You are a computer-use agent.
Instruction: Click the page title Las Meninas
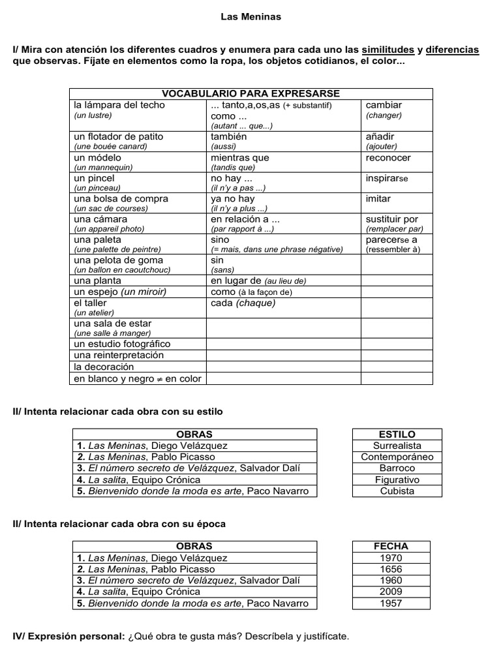point(250,17)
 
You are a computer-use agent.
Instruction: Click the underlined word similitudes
point(388,50)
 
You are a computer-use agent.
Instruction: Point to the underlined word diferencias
point(453,50)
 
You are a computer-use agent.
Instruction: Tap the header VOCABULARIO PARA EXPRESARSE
point(250,94)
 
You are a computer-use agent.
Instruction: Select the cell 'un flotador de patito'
point(118,137)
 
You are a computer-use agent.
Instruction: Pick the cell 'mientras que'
point(240,158)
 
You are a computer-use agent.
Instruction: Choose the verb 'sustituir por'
point(392,219)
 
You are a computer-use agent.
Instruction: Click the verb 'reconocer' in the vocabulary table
point(388,158)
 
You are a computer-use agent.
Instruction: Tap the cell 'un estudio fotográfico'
point(122,344)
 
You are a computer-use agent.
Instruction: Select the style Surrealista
point(397,446)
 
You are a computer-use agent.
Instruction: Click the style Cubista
point(397,491)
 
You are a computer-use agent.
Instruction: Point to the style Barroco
point(397,468)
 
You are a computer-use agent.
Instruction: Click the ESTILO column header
point(397,434)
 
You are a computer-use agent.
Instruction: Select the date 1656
point(391,569)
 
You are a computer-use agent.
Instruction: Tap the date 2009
point(391,592)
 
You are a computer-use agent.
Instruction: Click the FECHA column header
point(391,547)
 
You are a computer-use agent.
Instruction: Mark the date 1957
point(391,603)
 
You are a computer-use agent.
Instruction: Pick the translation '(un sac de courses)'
point(111,209)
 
